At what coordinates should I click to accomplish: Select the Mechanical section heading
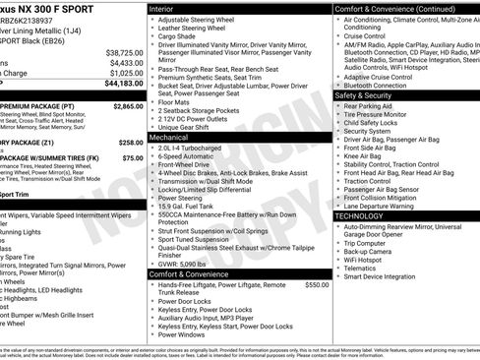(x=169, y=139)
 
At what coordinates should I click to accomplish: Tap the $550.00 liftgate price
(x=317, y=284)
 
